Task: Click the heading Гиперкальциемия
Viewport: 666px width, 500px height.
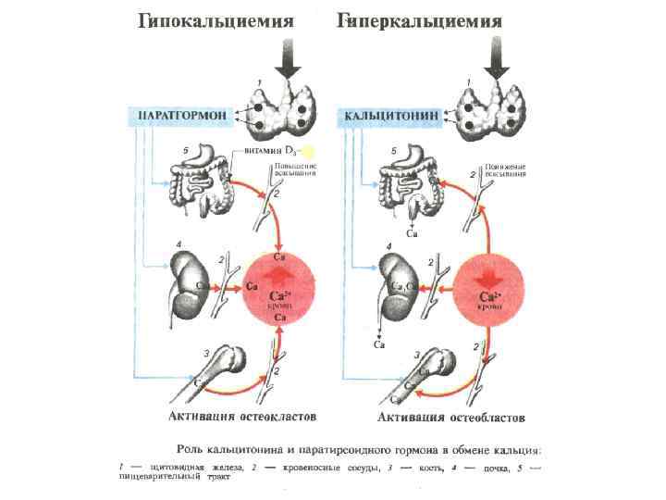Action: (x=420, y=21)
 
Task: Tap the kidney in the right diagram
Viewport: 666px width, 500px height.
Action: (x=395, y=283)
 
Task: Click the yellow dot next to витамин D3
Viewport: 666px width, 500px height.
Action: (x=309, y=150)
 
